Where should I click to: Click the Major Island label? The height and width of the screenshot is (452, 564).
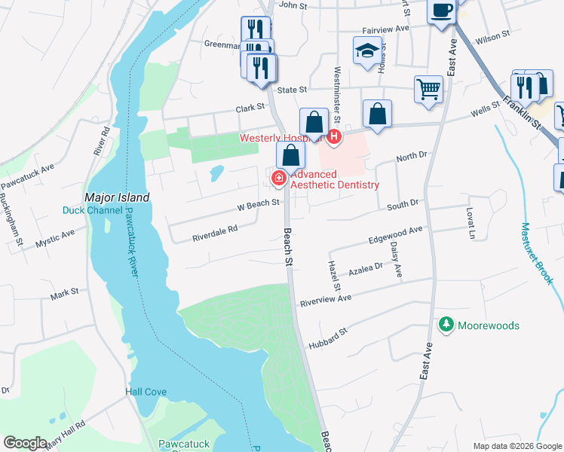(117, 197)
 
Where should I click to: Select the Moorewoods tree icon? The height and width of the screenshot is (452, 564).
(446, 325)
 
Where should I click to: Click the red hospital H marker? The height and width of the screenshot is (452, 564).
(333, 136)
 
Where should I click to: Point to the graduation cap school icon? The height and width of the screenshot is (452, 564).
(366, 50)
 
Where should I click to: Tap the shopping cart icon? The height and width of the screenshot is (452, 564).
(428, 88)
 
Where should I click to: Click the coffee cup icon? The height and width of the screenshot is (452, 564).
(442, 11)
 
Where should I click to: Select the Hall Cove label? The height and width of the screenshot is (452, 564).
(146, 392)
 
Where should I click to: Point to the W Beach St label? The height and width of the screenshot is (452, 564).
(259, 203)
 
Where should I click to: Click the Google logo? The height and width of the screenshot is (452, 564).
(26, 442)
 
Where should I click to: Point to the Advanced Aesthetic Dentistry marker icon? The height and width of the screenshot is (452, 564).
(277, 179)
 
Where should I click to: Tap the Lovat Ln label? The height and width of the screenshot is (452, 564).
(471, 224)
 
